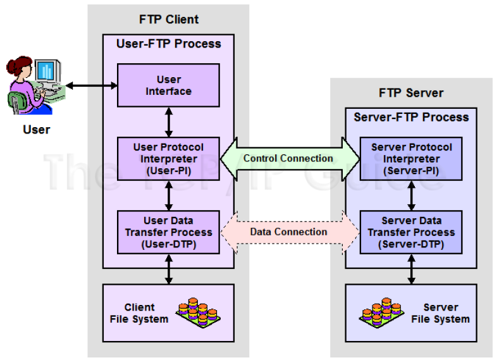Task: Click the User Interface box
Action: (168, 85)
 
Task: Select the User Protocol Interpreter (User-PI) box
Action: (168, 158)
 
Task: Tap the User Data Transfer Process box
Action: (168, 232)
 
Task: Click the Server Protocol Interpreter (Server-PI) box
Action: (412, 158)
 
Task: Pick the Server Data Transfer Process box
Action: (412, 232)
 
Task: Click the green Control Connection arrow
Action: (288, 158)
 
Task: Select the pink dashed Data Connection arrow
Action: (288, 232)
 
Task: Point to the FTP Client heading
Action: (168, 20)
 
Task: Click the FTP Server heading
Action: (411, 93)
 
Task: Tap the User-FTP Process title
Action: (168, 44)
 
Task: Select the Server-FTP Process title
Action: (412, 117)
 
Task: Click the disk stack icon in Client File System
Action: (199, 313)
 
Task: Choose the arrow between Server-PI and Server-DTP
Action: (412, 196)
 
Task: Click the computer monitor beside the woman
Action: (47, 71)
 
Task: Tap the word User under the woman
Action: (36, 130)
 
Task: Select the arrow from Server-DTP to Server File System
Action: (412, 269)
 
